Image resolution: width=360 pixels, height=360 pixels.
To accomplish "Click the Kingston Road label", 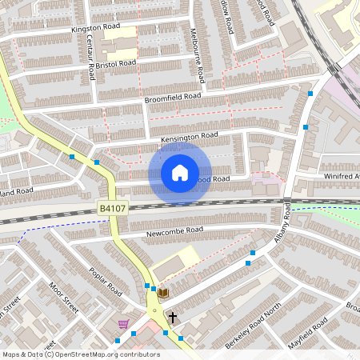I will pyautogui.click(x=95, y=27).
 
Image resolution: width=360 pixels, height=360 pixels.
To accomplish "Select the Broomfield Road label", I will pyautogui.click(x=173, y=97).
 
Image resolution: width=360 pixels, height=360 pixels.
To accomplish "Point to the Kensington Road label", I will pyautogui.click(x=190, y=137).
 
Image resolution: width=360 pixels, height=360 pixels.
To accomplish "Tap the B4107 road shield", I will pyautogui.click(x=113, y=208).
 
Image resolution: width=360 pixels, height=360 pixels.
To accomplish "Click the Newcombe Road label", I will pyautogui.click(x=175, y=230).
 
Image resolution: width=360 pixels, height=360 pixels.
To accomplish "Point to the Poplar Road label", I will pyautogui.click(x=105, y=281).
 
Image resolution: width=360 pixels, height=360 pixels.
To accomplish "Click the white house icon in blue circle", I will pyautogui.click(x=180, y=172).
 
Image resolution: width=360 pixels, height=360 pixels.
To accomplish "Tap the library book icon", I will pyautogui.click(x=163, y=294).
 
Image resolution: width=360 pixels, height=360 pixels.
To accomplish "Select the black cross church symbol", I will pyautogui.click(x=172, y=318).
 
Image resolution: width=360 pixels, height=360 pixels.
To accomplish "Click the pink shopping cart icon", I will pyautogui.click(x=122, y=324).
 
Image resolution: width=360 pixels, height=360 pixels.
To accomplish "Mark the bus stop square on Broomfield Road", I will pyautogui.click(x=310, y=94).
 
